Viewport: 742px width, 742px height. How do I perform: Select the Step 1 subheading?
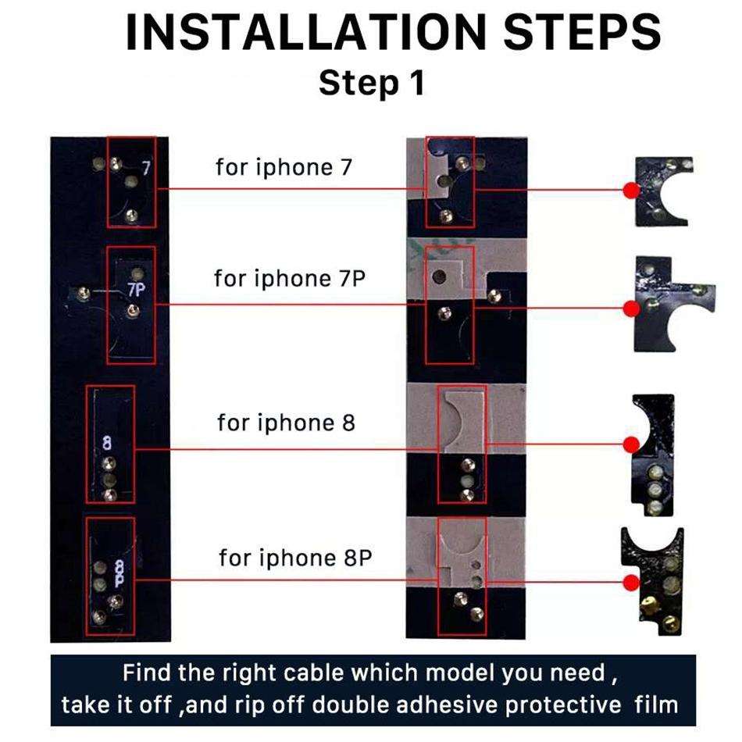click(371, 83)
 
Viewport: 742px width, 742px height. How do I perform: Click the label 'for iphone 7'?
click(284, 167)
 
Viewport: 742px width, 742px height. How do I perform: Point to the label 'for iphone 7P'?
click(290, 278)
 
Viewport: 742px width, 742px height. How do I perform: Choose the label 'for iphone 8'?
click(286, 423)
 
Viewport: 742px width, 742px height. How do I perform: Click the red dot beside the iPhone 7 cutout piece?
click(629, 190)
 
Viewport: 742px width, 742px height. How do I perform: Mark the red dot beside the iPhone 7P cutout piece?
click(629, 305)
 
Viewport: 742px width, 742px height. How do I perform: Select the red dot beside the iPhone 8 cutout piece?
click(629, 444)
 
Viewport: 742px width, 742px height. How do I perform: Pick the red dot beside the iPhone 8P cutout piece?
click(629, 580)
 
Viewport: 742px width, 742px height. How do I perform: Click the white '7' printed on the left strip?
click(145, 168)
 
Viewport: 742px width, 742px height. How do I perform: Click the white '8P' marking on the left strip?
click(120, 575)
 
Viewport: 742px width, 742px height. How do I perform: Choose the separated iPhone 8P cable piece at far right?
click(655, 578)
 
